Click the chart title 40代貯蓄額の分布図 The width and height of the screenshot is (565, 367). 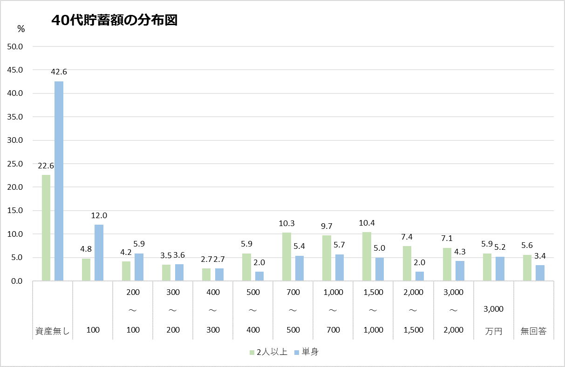click(115, 20)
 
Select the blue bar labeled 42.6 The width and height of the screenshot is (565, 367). click(59, 181)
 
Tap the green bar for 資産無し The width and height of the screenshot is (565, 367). click(46, 228)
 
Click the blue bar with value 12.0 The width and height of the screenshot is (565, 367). click(99, 253)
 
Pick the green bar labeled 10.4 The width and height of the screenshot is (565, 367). click(367, 256)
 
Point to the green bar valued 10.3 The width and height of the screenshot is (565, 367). click(286, 257)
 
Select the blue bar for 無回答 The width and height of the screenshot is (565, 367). click(540, 273)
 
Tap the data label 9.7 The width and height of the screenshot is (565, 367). click(327, 226)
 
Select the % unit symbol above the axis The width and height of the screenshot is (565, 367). click(21, 29)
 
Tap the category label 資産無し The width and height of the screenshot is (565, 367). click(53, 330)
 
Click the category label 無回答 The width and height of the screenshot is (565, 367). click(533, 330)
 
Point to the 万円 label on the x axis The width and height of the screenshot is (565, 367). click(493, 330)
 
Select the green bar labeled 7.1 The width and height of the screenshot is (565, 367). click(447, 264)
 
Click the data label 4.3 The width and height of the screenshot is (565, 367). click(459, 252)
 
